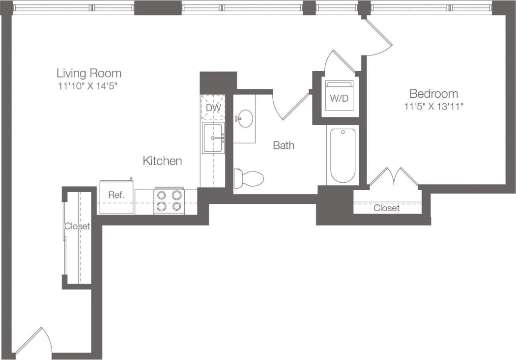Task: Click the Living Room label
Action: pyautogui.click(x=88, y=74)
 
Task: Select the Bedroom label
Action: pyautogui.click(x=433, y=93)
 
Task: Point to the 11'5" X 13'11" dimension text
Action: pyautogui.click(x=433, y=106)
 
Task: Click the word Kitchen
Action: pyautogui.click(x=162, y=161)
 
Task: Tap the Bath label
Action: pyautogui.click(x=284, y=145)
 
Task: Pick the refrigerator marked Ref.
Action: pyautogui.click(x=116, y=197)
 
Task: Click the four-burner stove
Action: pyautogui.click(x=169, y=201)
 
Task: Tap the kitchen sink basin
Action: pyautogui.click(x=213, y=138)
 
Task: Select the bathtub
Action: pyautogui.click(x=343, y=155)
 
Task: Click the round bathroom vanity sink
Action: pyautogui.click(x=244, y=118)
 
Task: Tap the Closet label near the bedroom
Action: pyautogui.click(x=386, y=208)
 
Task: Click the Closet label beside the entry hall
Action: pyautogui.click(x=78, y=226)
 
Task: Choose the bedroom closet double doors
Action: pyautogui.click(x=394, y=177)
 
